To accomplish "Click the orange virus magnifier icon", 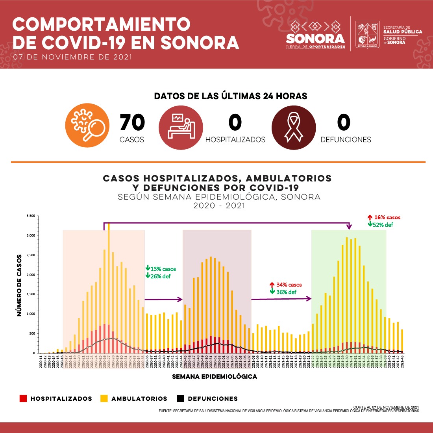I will (87, 126).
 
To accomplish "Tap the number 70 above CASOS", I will (132, 123).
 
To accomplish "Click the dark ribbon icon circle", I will (294, 127).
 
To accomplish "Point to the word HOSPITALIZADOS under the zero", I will (235, 140).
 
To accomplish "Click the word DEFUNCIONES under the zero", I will (346, 140).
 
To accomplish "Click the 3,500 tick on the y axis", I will (31, 216).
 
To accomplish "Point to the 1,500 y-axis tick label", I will (31, 294).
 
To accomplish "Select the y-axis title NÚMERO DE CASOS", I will (19, 285).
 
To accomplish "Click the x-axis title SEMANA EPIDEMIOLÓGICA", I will (215, 377).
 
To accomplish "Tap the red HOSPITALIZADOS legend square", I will (23, 399).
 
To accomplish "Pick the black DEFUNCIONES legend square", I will (181, 399).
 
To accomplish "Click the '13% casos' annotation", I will (163, 269).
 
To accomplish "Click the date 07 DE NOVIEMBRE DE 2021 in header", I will (73, 57).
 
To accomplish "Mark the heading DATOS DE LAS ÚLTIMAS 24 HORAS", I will (231, 96).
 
